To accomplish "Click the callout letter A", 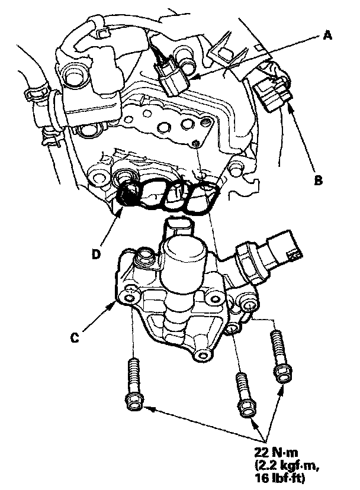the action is point(327,36).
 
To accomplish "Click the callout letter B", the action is point(318,180).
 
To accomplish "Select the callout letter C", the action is point(75,337).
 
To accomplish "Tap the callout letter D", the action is point(96,254).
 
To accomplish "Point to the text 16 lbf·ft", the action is point(279,477).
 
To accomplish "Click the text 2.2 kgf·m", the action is point(287,465).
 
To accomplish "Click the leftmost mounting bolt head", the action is point(134,402).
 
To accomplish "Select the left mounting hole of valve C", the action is point(129,299).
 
